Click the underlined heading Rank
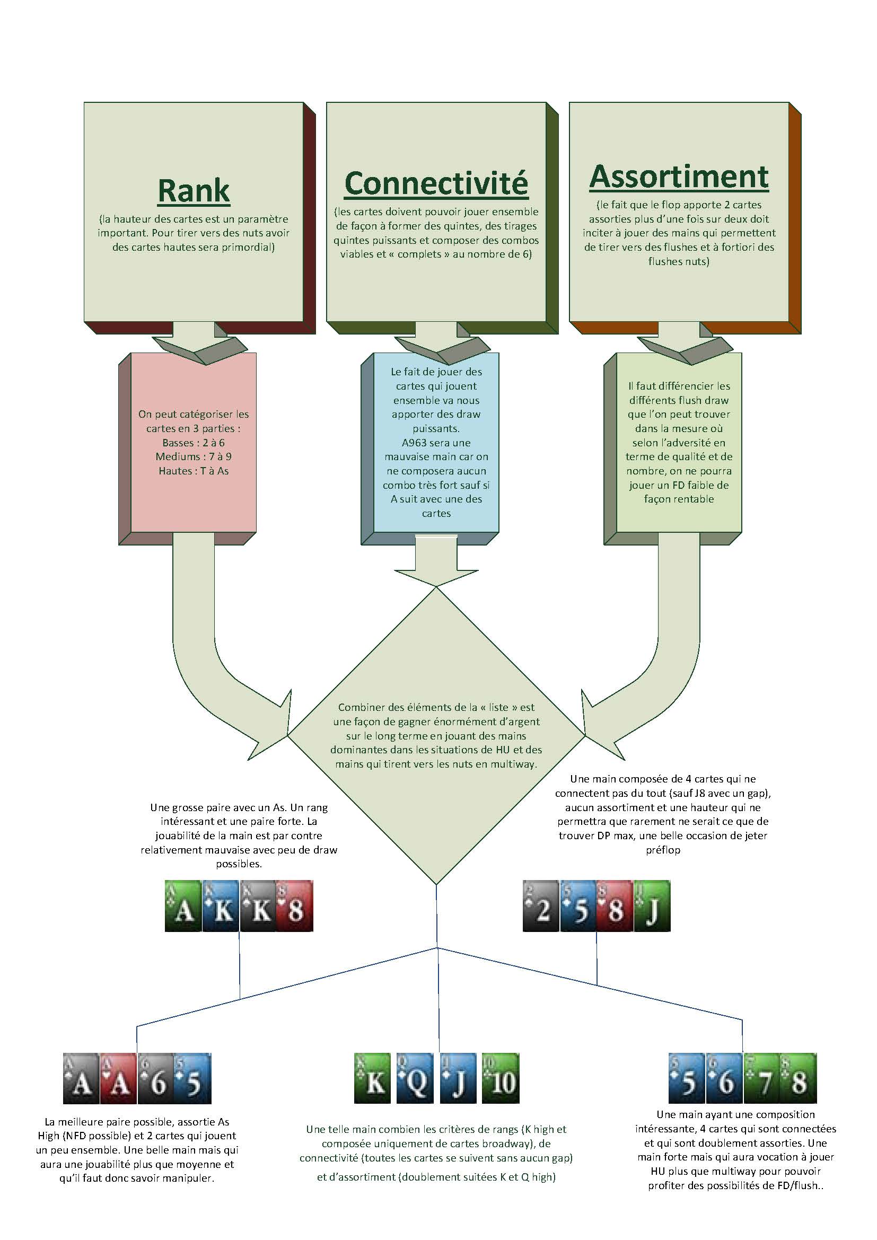pos(194,191)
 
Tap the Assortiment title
pos(679,177)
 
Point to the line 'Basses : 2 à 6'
pos(194,443)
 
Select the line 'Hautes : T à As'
pos(194,471)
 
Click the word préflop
pos(663,850)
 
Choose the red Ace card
pos(119,1078)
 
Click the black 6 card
pos(155,1078)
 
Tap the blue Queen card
pos(415,1078)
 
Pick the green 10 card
pos(501,1078)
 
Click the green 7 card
pos(761,1078)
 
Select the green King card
pos(373,1078)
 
